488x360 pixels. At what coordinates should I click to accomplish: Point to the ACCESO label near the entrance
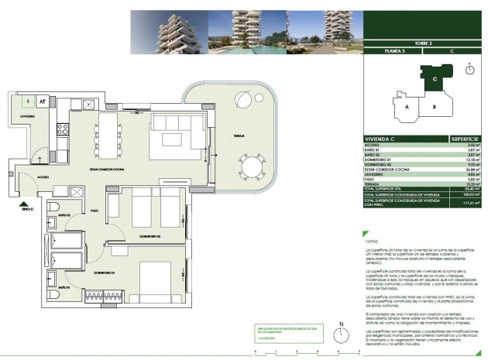coord(33,177)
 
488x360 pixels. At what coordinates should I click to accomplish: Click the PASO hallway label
coord(94,210)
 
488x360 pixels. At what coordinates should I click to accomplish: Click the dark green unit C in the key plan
coord(434,78)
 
